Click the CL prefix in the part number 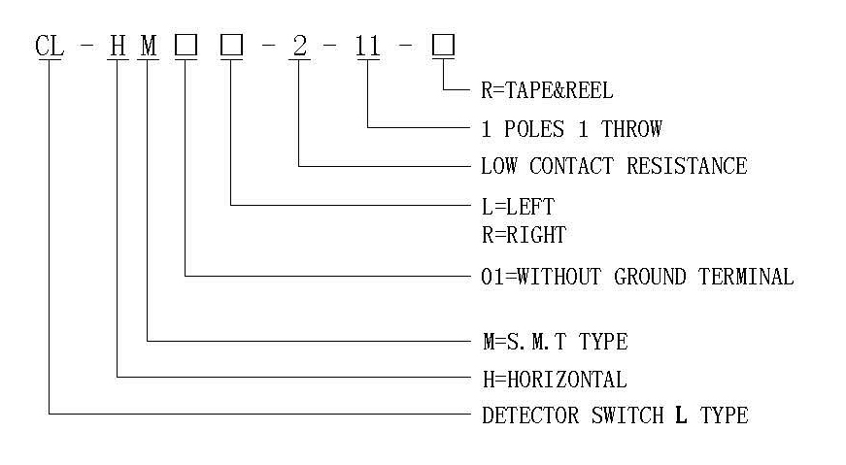tap(50, 46)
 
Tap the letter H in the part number tap(118, 46)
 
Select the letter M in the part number tap(149, 46)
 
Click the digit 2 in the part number tap(299, 46)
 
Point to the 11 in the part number tap(368, 46)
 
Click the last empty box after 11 tap(444, 46)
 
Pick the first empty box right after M tap(186, 46)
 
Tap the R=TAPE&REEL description tap(547, 90)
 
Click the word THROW tap(631, 129)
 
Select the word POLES tap(534, 129)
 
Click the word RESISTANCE tap(687, 166)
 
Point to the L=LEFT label tap(518, 207)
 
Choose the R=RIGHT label tap(524, 235)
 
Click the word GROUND tap(650, 277)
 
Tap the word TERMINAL tap(746, 277)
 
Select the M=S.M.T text tap(525, 342)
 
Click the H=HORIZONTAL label tap(555, 380)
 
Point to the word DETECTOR tap(530, 415)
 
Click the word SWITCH tap(627, 415)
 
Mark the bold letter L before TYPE tap(682, 415)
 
